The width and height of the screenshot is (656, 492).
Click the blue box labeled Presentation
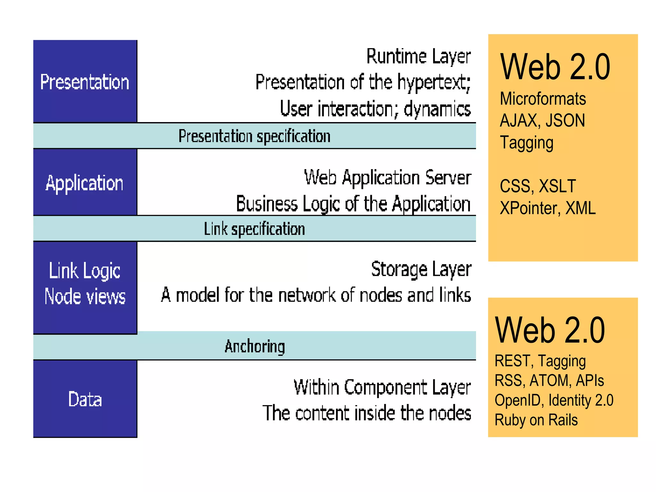click(85, 82)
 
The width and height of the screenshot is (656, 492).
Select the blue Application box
click(85, 183)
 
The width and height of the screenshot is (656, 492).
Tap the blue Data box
click(85, 399)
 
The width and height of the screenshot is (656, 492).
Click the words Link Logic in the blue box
click(85, 271)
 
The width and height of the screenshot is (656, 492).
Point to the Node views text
click(85, 296)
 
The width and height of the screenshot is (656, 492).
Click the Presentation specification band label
click(254, 136)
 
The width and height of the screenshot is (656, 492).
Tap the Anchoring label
click(255, 346)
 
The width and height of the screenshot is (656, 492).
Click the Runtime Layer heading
click(418, 57)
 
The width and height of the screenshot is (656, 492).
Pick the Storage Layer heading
click(421, 269)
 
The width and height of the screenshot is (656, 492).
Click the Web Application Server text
click(388, 178)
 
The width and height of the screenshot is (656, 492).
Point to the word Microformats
click(543, 99)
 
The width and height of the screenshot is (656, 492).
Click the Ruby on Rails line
click(536, 420)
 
